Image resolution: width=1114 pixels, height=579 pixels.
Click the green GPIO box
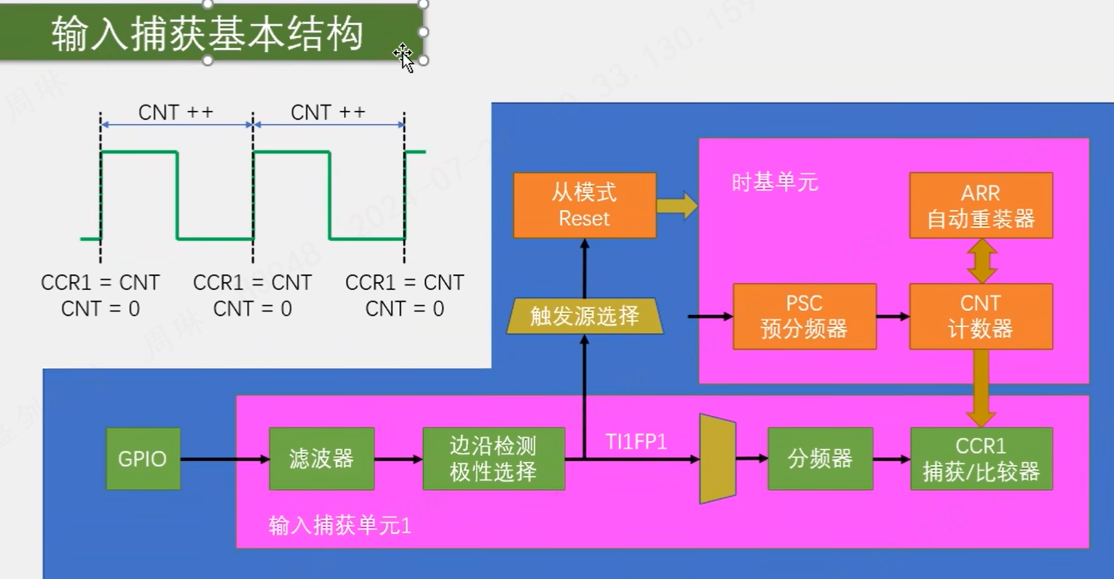[x=143, y=459]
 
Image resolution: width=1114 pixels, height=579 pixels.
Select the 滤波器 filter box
[x=321, y=459]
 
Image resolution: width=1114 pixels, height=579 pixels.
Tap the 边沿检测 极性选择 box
[x=493, y=459]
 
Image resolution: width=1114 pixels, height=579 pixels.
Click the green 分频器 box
[x=820, y=459]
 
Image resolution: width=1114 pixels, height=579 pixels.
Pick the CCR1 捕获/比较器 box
[x=981, y=459]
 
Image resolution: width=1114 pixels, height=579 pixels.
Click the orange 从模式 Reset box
[x=584, y=205]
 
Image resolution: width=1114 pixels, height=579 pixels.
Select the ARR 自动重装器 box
[x=981, y=205]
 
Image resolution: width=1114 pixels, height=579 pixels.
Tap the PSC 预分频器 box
[x=804, y=316]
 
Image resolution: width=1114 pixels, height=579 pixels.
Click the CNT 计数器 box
[x=981, y=316]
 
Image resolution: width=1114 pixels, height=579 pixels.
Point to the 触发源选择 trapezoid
[x=585, y=316]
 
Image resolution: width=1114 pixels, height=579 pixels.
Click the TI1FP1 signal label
[x=636, y=442]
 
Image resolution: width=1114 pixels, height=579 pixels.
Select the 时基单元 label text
[x=775, y=183]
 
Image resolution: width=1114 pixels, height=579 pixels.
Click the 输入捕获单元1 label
[x=339, y=526]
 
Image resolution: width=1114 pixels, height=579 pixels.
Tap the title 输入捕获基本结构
[x=208, y=35]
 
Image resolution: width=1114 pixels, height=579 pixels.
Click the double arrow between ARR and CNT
[x=982, y=260]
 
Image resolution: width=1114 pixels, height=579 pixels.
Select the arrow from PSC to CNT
[x=892, y=316]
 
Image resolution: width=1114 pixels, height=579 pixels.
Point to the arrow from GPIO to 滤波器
[x=225, y=460]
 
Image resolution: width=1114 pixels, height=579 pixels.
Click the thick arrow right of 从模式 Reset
[x=676, y=205]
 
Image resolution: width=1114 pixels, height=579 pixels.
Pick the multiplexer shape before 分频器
[x=717, y=459]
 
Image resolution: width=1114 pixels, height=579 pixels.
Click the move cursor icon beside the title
[x=403, y=55]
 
